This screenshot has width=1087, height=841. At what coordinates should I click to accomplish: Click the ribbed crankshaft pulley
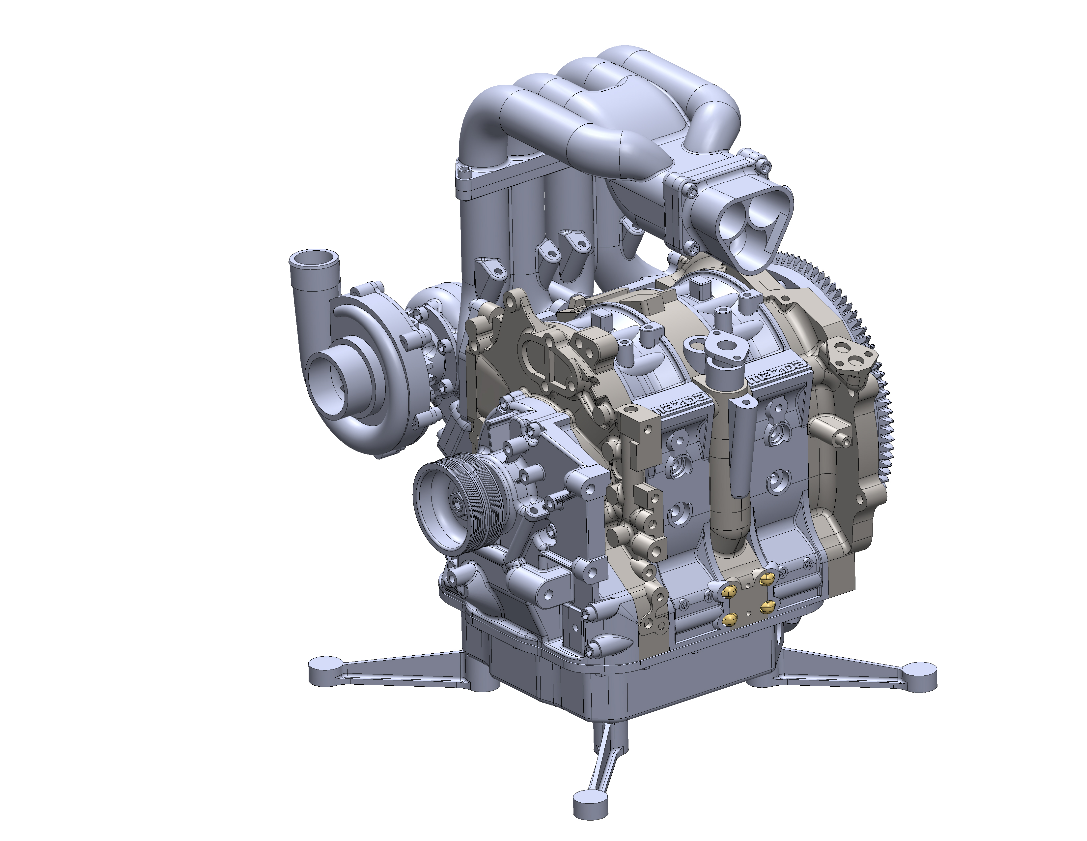450,503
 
